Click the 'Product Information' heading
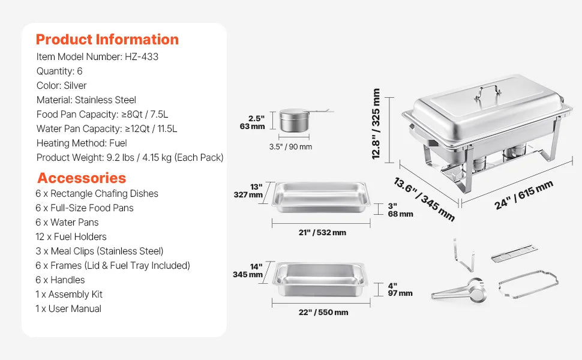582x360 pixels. (107, 40)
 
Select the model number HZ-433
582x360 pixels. (142, 57)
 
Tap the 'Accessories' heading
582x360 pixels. (82, 178)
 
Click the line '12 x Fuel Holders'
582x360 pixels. (71, 237)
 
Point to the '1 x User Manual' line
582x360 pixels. (68, 309)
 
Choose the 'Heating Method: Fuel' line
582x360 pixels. (82, 143)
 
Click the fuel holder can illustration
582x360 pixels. (294, 120)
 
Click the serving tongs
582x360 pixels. (459, 290)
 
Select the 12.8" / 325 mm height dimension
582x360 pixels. (376, 124)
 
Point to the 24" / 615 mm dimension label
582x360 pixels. (524, 194)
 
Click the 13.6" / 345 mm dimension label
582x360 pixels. (424, 199)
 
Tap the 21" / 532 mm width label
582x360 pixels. (322, 233)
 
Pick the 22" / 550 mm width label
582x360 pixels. (323, 313)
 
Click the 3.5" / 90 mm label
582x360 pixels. (290, 147)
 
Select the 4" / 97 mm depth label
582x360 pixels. (400, 289)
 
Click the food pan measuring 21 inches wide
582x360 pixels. (321, 197)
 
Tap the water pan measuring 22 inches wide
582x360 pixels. (320, 279)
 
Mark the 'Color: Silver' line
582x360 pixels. (61, 86)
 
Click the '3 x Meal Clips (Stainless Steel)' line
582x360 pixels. (100, 251)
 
